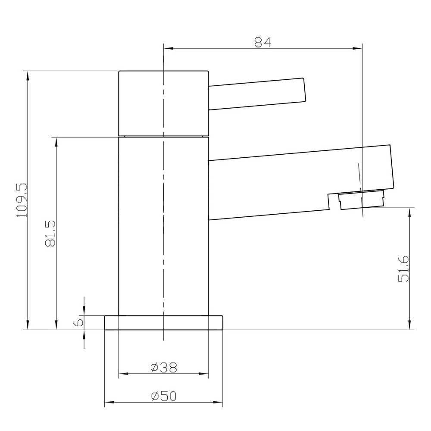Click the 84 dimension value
[x=262, y=42]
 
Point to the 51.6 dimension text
[x=403, y=269]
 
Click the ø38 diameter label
[x=164, y=367]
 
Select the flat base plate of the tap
[x=164, y=323]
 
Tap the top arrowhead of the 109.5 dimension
[x=28, y=75]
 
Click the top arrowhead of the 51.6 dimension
[x=409, y=212]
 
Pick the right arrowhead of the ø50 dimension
[x=219, y=403]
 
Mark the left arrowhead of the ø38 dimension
[x=123, y=373]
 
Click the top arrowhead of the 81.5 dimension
[x=56, y=142]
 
